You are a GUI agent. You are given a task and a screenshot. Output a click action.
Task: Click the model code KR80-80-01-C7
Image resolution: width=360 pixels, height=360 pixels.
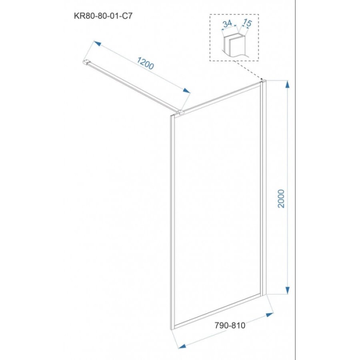[x=103, y=16]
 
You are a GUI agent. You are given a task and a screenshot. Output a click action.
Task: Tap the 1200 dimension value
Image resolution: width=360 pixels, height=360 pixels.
[x=145, y=63]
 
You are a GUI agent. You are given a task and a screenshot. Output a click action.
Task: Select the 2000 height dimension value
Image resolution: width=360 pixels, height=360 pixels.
[x=281, y=199]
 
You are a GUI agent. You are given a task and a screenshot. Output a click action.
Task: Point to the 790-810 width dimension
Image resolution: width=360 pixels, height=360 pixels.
[x=230, y=325]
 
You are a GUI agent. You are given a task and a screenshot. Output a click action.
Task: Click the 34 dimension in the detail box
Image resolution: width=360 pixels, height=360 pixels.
[x=228, y=24]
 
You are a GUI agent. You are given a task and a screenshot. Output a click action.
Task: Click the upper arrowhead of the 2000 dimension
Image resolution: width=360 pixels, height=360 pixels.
[x=288, y=84]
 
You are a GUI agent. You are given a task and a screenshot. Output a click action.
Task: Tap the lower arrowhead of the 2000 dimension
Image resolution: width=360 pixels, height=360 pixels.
[x=288, y=290]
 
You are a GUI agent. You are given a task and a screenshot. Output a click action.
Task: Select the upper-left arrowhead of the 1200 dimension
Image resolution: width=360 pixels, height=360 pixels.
[x=97, y=43]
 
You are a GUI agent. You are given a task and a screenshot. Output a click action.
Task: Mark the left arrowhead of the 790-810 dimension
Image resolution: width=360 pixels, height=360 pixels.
[x=182, y=346]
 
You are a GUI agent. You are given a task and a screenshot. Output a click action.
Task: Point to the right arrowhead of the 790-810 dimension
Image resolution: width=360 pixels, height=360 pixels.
[x=270, y=315]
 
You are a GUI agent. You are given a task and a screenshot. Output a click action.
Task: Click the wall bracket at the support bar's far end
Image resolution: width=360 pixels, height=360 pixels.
[x=86, y=62]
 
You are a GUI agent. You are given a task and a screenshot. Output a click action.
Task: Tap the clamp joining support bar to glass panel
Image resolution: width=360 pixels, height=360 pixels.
[x=180, y=112]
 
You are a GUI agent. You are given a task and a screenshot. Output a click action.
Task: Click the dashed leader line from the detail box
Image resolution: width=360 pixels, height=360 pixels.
[x=249, y=70]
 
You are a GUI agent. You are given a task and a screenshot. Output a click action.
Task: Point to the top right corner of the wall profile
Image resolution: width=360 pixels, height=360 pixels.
[x=266, y=80]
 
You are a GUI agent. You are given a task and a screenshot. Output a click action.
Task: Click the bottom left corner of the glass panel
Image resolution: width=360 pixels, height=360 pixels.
[x=171, y=330]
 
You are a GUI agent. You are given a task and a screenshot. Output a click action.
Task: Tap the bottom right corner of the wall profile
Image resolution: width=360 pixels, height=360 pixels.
[x=266, y=294]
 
